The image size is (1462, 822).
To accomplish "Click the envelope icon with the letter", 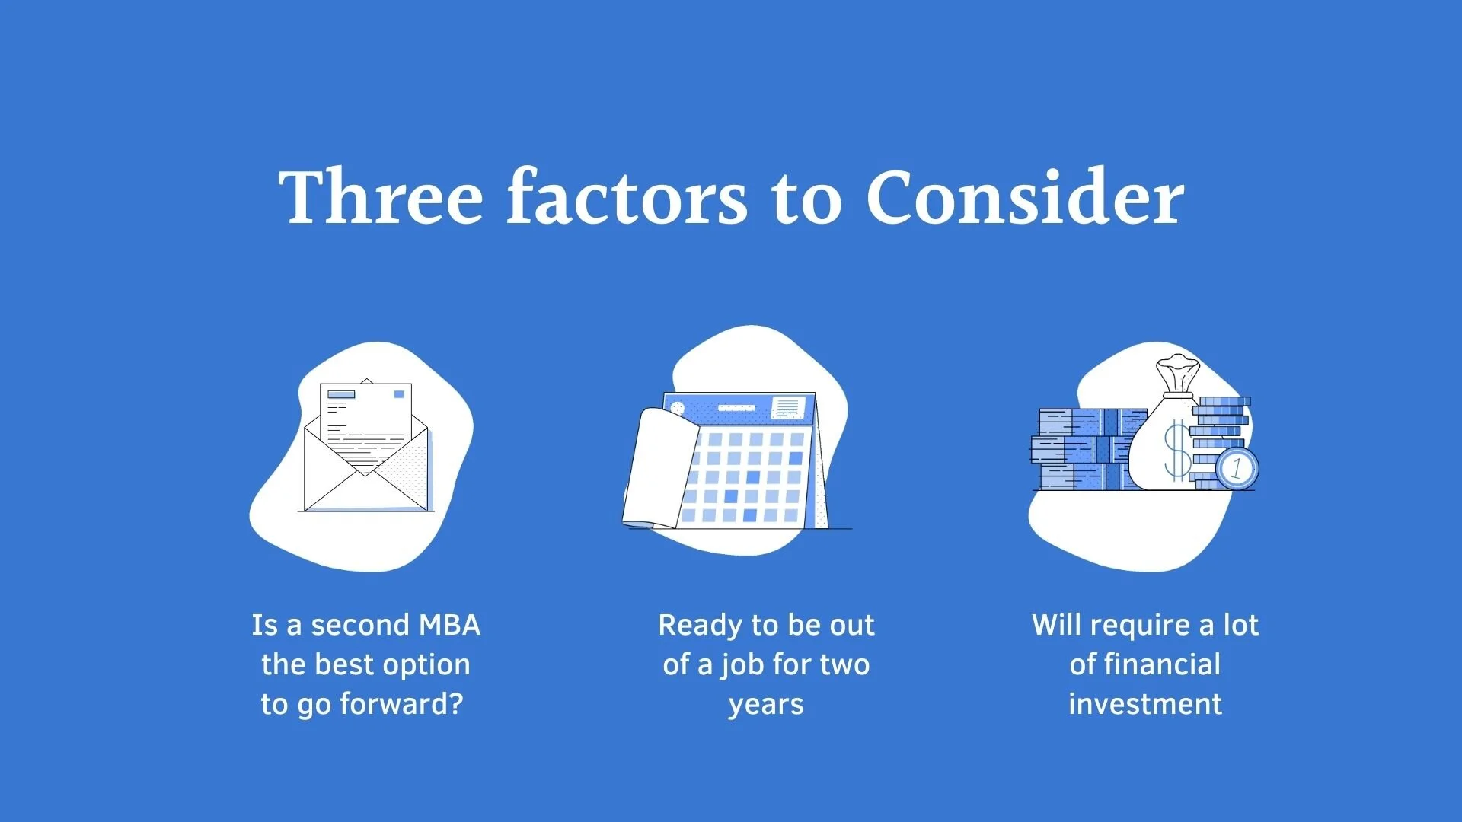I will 365,449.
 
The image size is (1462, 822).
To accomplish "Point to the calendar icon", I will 735,460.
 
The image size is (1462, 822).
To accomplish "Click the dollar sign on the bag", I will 1177,452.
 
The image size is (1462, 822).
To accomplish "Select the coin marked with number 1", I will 1237,467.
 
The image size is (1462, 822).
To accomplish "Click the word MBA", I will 450,625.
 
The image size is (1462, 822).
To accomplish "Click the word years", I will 766,705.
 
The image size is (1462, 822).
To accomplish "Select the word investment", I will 1145,704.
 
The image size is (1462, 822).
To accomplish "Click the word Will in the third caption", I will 1055,625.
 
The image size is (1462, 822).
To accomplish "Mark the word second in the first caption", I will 361,625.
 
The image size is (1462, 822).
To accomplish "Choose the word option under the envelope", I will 426,665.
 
